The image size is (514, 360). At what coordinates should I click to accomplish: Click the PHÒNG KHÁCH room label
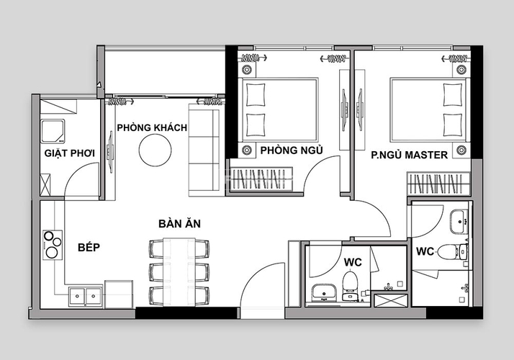pos(152,127)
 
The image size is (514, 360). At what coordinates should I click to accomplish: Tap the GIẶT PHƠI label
pos(70,153)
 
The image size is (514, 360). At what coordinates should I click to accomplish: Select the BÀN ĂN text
pos(180,224)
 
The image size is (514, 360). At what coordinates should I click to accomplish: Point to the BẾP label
pos(89,247)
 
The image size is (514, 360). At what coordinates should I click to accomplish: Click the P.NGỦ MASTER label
pos(410,155)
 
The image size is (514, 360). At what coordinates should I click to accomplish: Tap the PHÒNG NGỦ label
pos(292,150)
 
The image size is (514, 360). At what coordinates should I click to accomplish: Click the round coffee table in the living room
pos(155,150)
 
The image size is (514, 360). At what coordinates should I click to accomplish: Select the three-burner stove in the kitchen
pos(53,245)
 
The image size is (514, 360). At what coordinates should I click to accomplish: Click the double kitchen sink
pos(85,297)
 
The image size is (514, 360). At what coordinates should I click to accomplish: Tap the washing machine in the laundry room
pos(53,131)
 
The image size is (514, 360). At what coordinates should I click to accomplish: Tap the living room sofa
pos(204,150)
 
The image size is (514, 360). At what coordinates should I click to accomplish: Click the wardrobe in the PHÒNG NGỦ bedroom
pos(261,179)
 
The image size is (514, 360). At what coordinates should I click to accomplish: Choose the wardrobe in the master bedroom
pos(438,184)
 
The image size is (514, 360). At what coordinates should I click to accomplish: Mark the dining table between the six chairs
pos(179,272)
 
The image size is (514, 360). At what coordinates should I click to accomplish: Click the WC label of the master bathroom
pos(425,251)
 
